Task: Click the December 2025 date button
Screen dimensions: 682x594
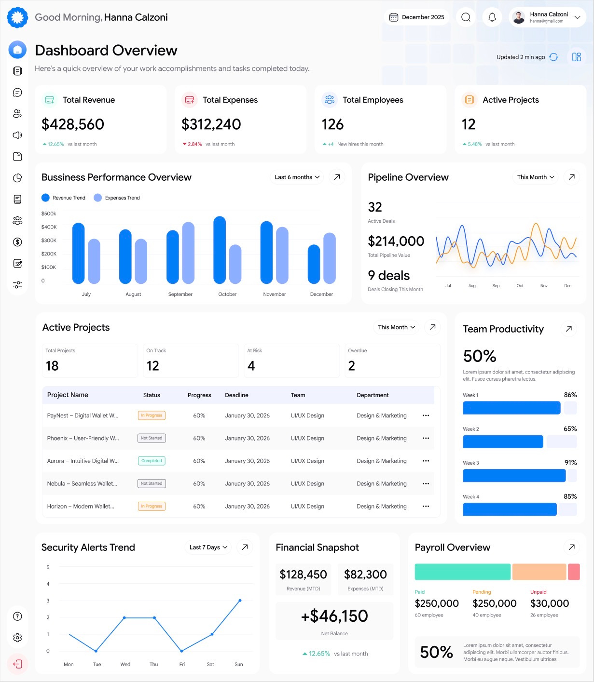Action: [417, 17]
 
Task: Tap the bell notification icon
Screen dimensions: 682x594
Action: [492, 17]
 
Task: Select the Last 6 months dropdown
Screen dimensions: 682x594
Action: [297, 177]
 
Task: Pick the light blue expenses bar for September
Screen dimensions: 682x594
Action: [188, 253]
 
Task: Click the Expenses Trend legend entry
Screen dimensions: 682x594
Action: [117, 198]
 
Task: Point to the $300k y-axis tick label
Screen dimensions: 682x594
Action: [49, 240]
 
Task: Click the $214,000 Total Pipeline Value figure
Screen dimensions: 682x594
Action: [396, 241]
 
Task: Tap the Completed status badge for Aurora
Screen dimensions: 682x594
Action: [152, 461]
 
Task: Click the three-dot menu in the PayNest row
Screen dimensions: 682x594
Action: [426, 415]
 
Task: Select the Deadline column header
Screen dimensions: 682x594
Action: [236, 395]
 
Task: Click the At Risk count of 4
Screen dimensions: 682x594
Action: [251, 366]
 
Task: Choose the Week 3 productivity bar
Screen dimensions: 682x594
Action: [514, 476]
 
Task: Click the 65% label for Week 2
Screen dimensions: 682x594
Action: [570, 428]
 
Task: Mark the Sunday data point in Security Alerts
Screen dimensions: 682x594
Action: [240, 601]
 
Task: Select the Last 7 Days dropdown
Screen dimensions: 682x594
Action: [208, 547]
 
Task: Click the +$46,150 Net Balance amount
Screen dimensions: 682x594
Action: [334, 616]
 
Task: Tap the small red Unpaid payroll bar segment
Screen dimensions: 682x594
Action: [574, 572]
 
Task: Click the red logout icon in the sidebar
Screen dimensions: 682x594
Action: [17, 664]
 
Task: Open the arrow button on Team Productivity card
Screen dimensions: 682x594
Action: [569, 329]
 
